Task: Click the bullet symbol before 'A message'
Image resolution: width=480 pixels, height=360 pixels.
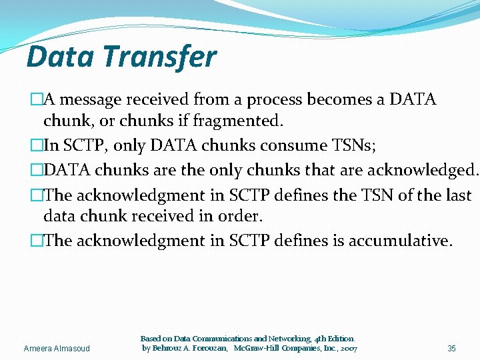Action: (x=36, y=100)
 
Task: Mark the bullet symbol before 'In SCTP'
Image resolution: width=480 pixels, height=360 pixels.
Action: (x=36, y=145)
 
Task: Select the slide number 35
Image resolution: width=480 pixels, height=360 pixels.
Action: (x=451, y=349)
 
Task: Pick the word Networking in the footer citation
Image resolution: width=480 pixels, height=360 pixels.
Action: (x=269, y=339)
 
